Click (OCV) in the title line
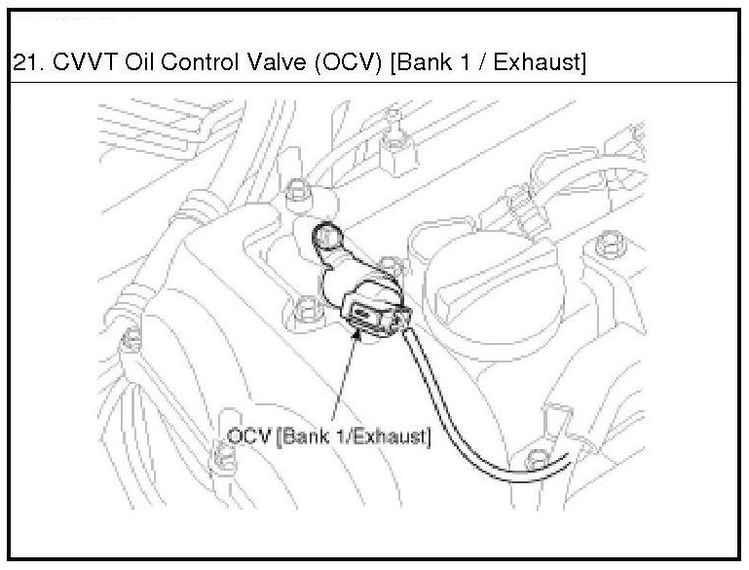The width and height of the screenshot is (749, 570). pos(337,64)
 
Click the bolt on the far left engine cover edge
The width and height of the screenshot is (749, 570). pos(128,340)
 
